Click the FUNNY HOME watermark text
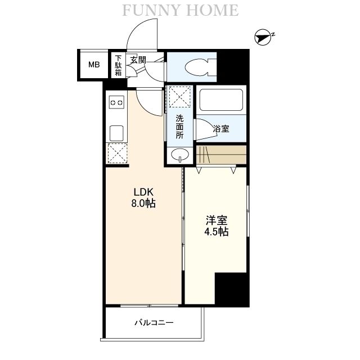point(181,10)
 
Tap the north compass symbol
point(263,38)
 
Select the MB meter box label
point(94,65)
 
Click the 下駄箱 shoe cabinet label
point(118,65)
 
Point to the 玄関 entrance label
point(138,60)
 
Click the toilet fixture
point(200,67)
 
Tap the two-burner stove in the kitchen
point(116,102)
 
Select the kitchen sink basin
point(116,133)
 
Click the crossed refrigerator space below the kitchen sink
point(118,153)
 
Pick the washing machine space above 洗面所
point(180,96)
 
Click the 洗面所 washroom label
point(180,127)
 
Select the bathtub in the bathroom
point(221,100)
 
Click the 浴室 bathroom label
point(221,129)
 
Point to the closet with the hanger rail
point(221,155)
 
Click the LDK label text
point(143,192)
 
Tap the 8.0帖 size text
point(143,203)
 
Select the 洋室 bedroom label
point(217,220)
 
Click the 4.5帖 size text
point(217,232)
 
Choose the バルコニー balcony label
point(154,323)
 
